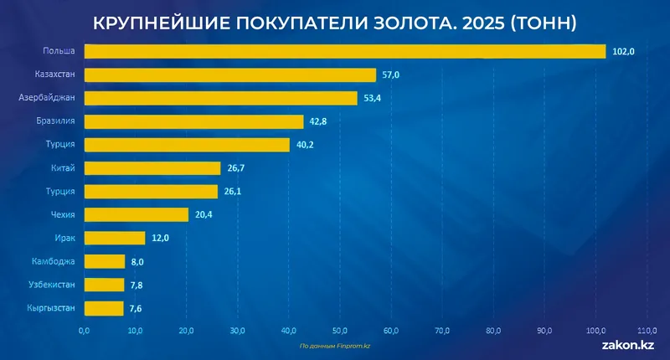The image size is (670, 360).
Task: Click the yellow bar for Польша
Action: (344, 52)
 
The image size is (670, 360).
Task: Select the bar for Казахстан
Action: (230, 75)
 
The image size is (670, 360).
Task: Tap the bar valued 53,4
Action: (221, 98)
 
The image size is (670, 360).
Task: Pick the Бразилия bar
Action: (193, 121)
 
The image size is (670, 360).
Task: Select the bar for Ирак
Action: (115, 238)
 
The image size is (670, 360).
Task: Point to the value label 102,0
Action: (624, 52)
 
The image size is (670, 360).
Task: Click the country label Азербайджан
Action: (48, 98)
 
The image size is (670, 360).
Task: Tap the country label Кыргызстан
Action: (51, 308)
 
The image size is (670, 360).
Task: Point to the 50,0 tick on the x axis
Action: (340, 330)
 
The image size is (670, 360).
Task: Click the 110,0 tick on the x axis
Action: (647, 330)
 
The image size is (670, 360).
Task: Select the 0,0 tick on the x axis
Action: (85, 330)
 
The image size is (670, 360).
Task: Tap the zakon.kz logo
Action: (628, 344)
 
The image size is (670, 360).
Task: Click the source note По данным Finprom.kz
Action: (335, 345)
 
